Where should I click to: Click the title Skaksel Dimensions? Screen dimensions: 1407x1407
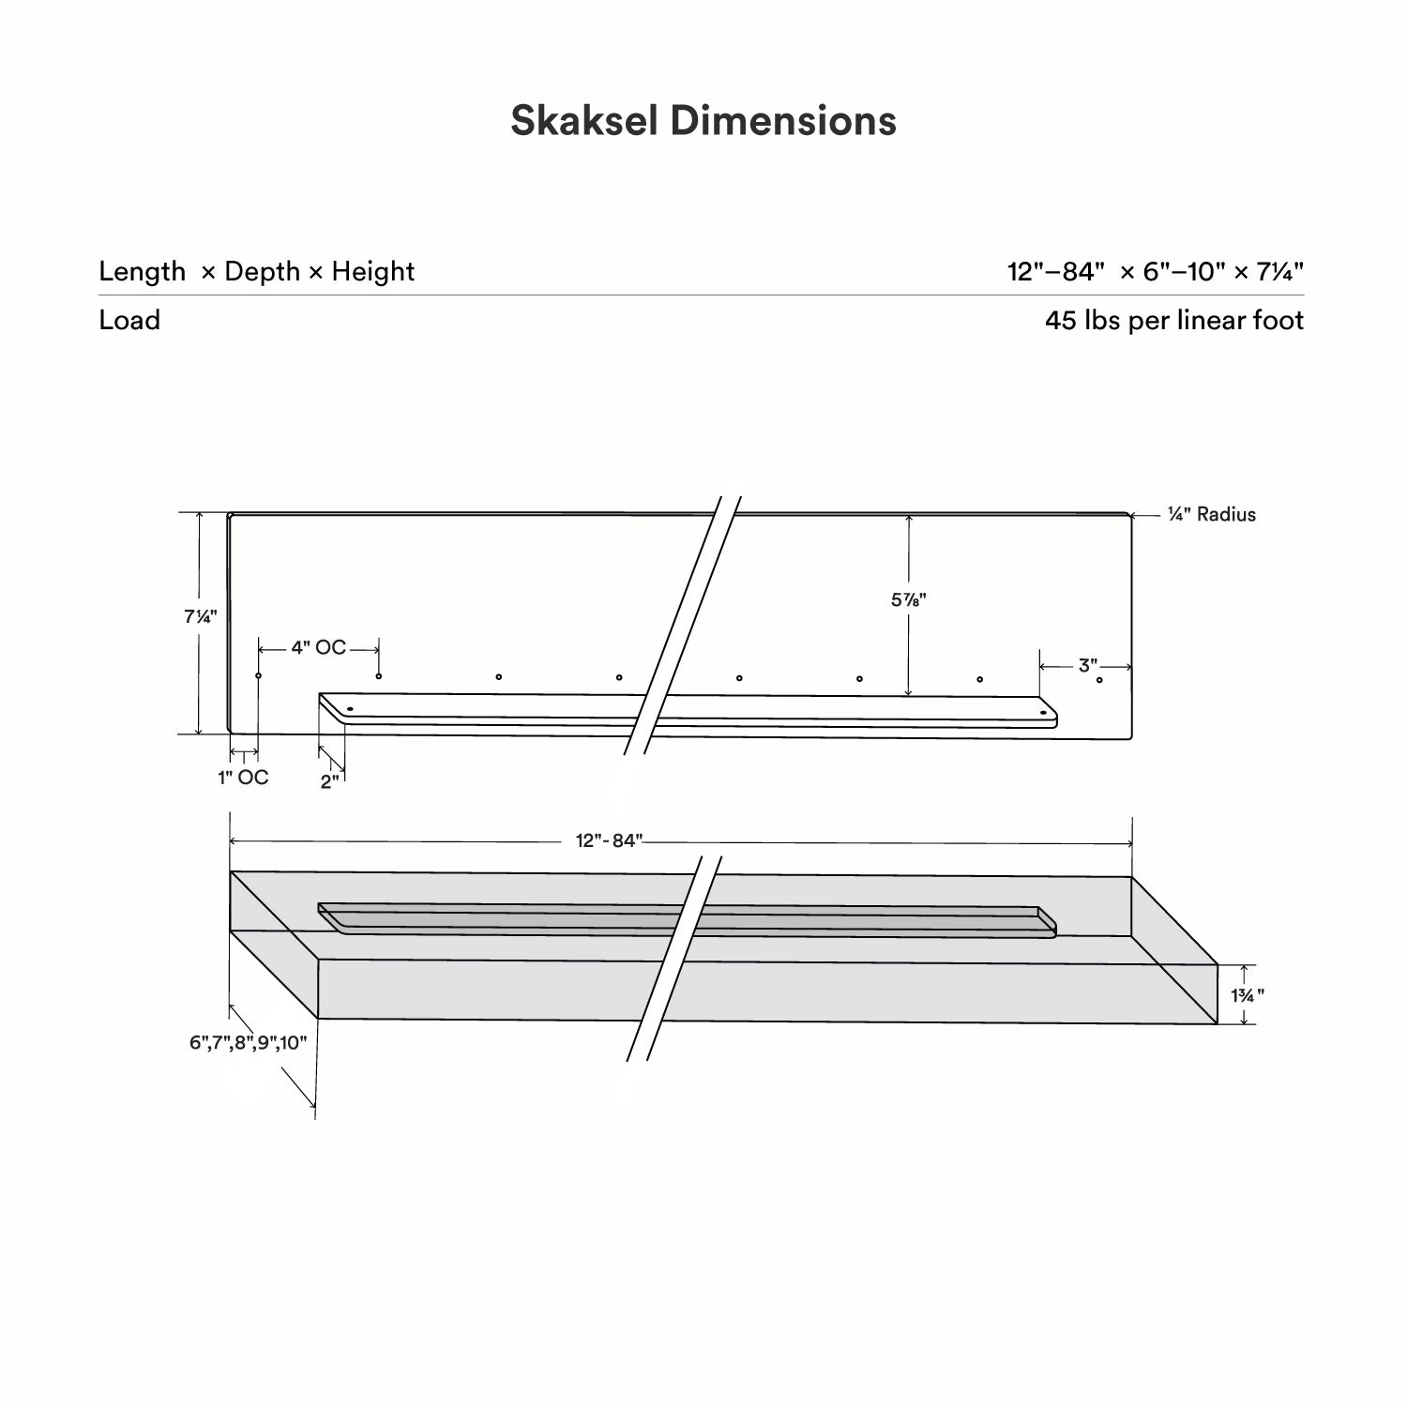tap(703, 121)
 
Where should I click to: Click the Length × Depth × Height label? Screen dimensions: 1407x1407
tap(256, 272)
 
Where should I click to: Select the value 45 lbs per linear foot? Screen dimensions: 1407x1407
tap(1173, 321)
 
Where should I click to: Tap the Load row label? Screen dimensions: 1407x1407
tap(129, 321)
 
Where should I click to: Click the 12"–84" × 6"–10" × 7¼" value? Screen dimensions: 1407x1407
tap(1155, 272)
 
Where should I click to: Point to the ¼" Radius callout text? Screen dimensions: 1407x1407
tap(1211, 515)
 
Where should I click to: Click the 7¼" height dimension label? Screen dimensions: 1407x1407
tap(200, 617)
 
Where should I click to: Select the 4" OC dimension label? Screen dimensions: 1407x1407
tap(318, 648)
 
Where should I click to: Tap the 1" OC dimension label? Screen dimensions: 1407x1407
tap(243, 778)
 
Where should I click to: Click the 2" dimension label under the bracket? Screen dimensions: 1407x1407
tap(328, 782)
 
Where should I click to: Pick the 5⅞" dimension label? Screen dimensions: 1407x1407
tap(908, 600)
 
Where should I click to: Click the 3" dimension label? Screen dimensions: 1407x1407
tap(1087, 666)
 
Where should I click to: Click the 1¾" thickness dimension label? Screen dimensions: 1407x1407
tap(1247, 995)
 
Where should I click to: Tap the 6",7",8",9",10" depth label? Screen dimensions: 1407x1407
tap(248, 1043)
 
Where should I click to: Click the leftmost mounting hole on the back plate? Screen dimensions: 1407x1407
tap(259, 675)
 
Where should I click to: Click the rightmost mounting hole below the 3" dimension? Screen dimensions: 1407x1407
tap(1099, 680)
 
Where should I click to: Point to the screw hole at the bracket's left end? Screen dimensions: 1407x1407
tap(350, 710)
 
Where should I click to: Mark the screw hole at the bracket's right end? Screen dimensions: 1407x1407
tap(1042, 714)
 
